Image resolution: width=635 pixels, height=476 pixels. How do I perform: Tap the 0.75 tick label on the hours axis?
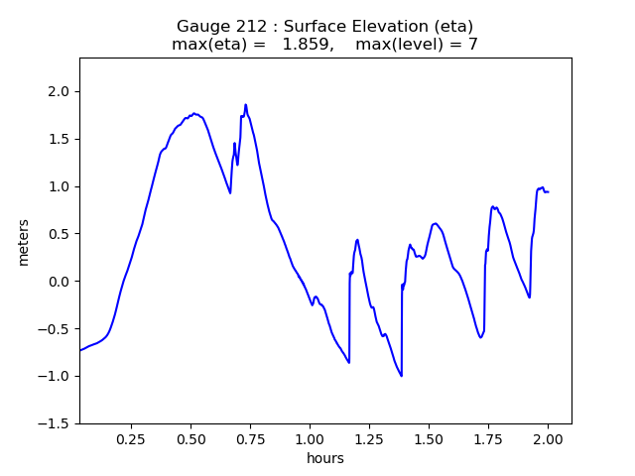coord(250,439)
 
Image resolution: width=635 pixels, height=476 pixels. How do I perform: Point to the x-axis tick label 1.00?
coord(310,439)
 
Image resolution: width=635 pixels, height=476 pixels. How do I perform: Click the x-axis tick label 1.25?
coord(369,439)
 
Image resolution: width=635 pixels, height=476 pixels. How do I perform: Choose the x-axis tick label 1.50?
coord(429,439)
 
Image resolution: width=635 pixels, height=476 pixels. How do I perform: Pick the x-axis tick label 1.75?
coord(488,439)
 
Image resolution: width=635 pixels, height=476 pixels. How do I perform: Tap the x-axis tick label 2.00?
coord(548,439)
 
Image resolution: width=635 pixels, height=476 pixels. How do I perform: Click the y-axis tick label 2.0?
coord(61,91)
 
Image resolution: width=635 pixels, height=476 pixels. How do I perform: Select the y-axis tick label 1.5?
coord(61,139)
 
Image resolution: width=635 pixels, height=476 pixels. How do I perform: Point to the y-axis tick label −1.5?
coord(56,423)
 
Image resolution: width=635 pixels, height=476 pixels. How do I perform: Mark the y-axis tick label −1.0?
coord(56,376)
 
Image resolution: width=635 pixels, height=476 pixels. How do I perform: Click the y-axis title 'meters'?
coord(23,242)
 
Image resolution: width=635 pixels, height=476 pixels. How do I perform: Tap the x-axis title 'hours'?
coord(325,458)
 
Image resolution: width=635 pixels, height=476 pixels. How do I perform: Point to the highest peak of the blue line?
coord(246,104)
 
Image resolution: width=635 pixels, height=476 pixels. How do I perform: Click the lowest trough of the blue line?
coord(401,376)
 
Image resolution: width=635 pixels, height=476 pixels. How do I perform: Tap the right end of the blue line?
coord(548,191)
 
